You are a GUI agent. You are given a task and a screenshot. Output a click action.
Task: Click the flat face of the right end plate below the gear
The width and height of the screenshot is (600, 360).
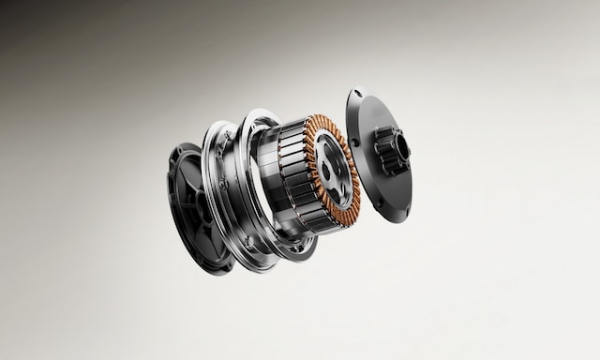point(389,192)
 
